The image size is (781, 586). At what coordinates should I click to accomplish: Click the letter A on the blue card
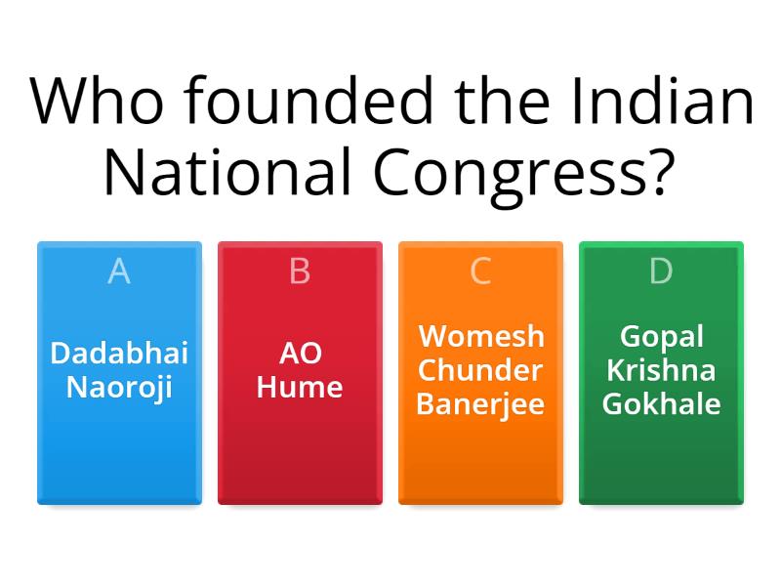pyautogui.click(x=119, y=272)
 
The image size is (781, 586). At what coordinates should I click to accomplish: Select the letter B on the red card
pyautogui.click(x=300, y=272)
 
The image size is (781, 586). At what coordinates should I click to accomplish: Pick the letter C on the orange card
pyautogui.click(x=480, y=272)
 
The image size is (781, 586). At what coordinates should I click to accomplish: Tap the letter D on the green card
pyautogui.click(x=661, y=272)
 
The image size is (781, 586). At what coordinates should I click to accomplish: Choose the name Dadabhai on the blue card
pyautogui.click(x=119, y=353)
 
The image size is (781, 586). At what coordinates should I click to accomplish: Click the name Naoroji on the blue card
pyautogui.click(x=119, y=387)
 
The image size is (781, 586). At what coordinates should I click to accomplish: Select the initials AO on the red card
pyautogui.click(x=300, y=353)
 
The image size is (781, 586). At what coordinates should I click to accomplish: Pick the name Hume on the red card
pyautogui.click(x=300, y=387)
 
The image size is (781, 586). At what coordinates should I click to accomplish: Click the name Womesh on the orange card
pyautogui.click(x=480, y=336)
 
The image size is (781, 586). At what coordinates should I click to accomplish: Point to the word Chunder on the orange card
pyautogui.click(x=480, y=370)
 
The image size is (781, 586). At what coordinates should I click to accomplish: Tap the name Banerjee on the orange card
pyautogui.click(x=480, y=404)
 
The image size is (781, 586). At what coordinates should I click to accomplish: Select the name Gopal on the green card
pyautogui.click(x=661, y=336)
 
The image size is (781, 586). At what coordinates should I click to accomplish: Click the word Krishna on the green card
pyautogui.click(x=661, y=370)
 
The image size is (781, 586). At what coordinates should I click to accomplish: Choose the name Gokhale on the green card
pyautogui.click(x=661, y=404)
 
